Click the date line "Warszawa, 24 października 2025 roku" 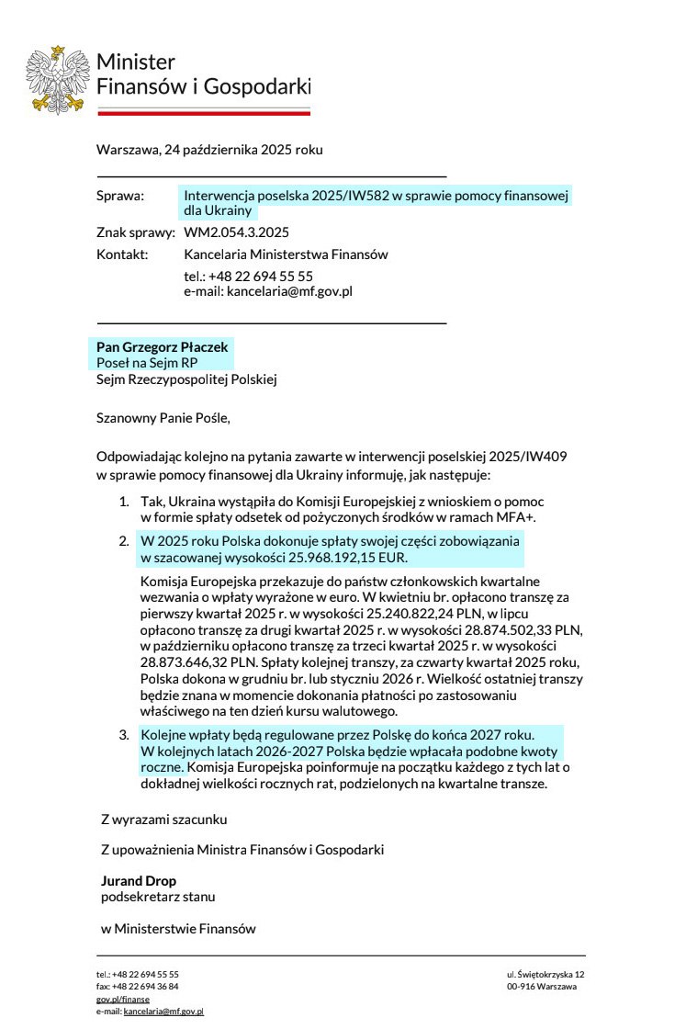point(209,150)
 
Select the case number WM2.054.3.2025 point(237,232)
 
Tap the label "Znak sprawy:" point(135,232)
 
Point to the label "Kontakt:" point(122,254)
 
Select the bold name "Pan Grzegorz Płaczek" point(162,347)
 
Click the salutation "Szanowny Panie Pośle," point(163,418)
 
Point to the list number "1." point(124,502)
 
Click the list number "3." point(124,736)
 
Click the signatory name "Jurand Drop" point(139,881)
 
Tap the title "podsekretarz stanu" point(158,896)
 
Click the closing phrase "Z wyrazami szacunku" point(163,819)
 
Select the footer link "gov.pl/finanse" point(123,999)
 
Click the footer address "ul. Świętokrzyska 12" point(545,974)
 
